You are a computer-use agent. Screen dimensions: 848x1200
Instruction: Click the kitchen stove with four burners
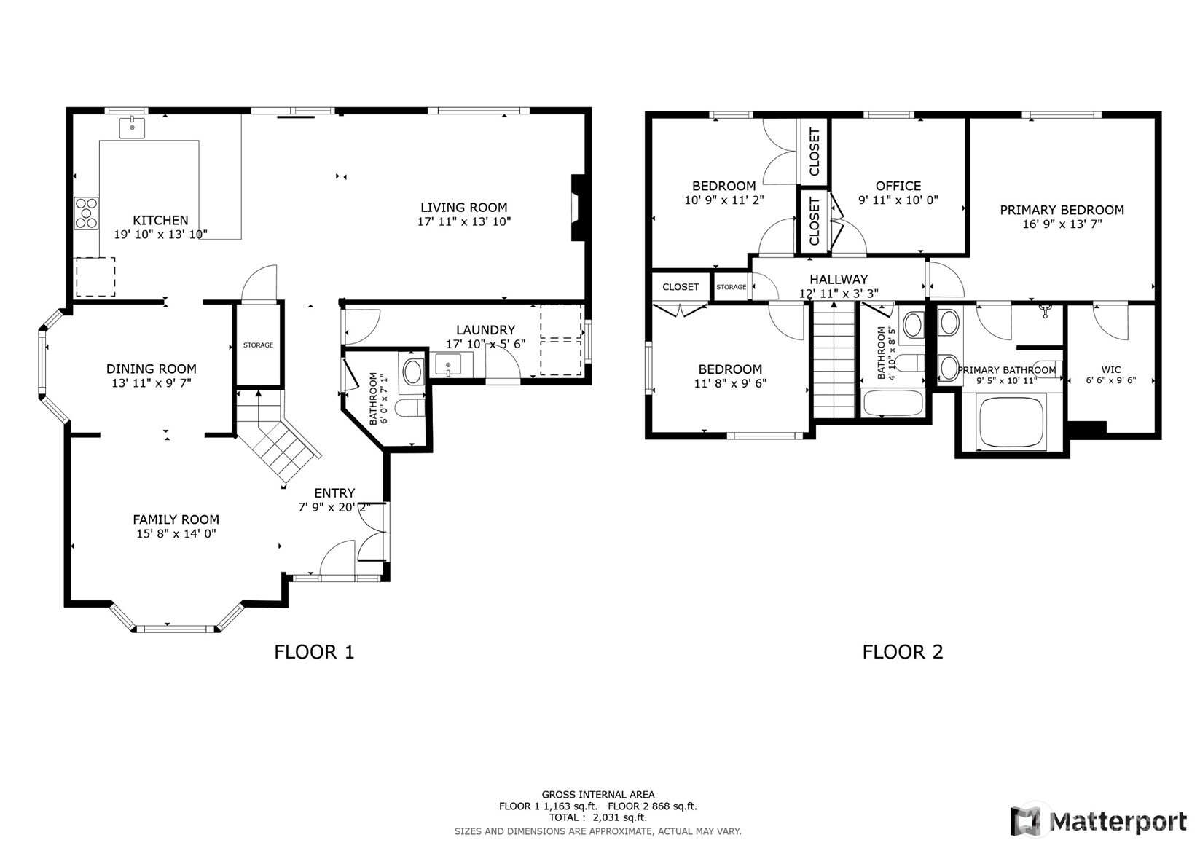(x=86, y=213)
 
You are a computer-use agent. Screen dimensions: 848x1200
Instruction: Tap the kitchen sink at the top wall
(x=133, y=128)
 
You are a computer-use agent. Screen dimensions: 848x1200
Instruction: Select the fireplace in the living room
(x=577, y=208)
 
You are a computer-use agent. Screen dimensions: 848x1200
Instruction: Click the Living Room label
(x=463, y=208)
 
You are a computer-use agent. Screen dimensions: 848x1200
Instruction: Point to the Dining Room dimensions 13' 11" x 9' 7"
(x=152, y=382)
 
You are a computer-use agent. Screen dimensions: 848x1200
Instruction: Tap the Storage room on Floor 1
(x=258, y=345)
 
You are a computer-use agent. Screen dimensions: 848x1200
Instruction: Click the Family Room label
(x=176, y=519)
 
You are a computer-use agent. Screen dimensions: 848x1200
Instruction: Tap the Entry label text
(x=334, y=493)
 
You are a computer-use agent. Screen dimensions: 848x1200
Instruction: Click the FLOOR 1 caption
(x=314, y=651)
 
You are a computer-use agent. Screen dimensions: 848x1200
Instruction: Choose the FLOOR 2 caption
(x=902, y=651)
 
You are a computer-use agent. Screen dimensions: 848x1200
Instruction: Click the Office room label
(x=898, y=186)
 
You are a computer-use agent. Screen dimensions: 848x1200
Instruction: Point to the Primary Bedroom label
(x=1061, y=210)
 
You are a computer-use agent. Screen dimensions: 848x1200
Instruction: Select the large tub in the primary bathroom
(x=1011, y=422)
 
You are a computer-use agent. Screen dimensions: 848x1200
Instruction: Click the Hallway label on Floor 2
(x=838, y=279)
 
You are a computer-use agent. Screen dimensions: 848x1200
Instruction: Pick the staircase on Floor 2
(x=834, y=361)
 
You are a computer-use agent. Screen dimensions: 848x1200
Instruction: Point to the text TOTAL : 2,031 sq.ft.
(x=597, y=817)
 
